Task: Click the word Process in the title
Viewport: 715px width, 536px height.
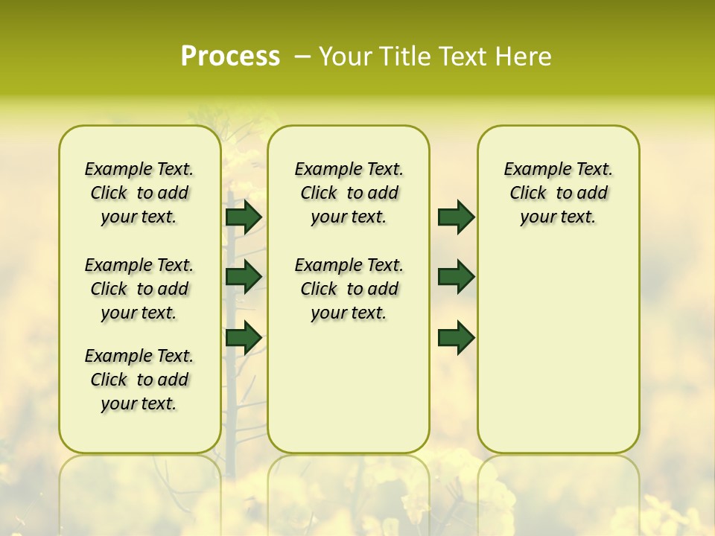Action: click(x=230, y=57)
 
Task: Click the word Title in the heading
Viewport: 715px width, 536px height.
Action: click(x=404, y=57)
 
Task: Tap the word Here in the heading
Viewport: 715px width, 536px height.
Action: click(x=524, y=57)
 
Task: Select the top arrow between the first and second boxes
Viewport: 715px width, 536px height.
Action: click(x=244, y=217)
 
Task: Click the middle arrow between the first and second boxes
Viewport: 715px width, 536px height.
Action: click(x=244, y=277)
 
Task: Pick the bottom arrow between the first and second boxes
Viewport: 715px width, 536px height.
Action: click(x=244, y=338)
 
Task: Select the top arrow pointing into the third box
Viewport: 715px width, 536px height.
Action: click(x=456, y=217)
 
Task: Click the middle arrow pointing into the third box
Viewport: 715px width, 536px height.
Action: click(x=456, y=277)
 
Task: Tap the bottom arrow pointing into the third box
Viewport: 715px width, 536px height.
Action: click(x=456, y=338)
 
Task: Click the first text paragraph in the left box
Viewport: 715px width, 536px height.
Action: click(x=139, y=193)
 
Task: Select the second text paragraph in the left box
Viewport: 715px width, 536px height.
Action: click(x=139, y=289)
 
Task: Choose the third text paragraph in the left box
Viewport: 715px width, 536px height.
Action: click(x=139, y=380)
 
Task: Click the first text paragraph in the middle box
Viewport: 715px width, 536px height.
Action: click(x=349, y=193)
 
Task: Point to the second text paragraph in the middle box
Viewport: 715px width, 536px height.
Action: click(x=349, y=289)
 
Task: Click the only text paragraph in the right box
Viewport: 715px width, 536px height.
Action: click(x=558, y=193)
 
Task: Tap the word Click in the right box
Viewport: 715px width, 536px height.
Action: click(x=528, y=194)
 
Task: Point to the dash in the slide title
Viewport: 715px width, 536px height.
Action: click(x=302, y=57)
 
